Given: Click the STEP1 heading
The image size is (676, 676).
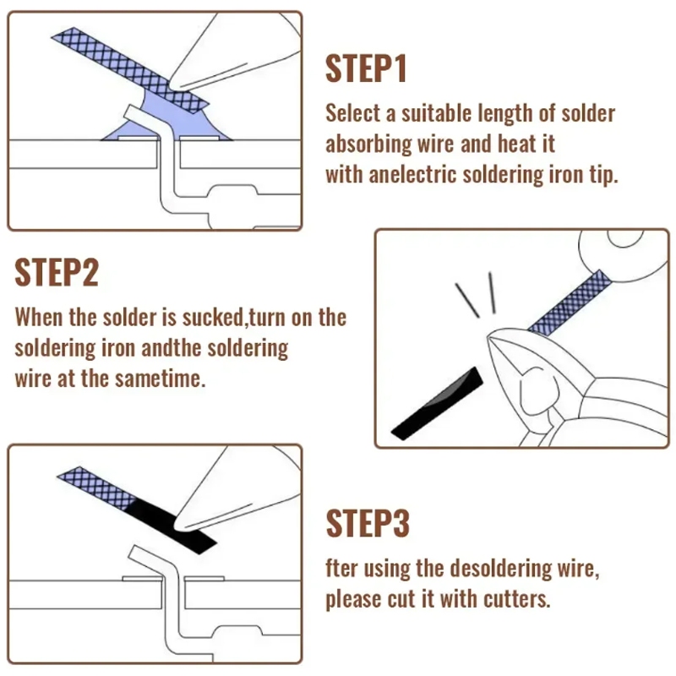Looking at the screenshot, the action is (366, 68).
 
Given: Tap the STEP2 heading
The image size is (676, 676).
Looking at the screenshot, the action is (57, 272).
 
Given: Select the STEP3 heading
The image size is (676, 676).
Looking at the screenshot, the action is (368, 523).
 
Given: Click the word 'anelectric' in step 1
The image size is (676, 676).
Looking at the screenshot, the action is (412, 175).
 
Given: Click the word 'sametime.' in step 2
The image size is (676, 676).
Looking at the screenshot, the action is (160, 379).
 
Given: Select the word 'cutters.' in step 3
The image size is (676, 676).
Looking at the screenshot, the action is (517, 599).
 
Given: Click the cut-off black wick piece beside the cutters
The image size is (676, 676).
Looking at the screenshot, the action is (437, 404).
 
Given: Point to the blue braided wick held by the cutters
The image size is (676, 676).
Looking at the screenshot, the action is (570, 303).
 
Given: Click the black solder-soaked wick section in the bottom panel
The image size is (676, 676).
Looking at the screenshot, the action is (172, 526).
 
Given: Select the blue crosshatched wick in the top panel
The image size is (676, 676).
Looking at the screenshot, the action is (129, 70).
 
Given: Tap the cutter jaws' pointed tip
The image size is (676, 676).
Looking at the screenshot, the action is (489, 339).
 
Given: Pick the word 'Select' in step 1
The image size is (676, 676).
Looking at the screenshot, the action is (353, 113).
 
